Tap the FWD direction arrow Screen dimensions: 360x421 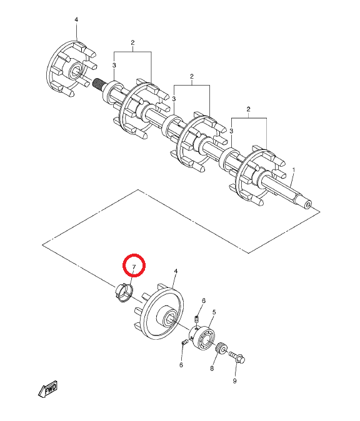tap(48, 389)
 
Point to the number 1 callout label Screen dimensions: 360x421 tap(294, 170)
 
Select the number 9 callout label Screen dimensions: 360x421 tap(234, 381)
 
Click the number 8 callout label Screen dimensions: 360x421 tap(212, 369)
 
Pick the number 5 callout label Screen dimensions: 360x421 tap(214, 312)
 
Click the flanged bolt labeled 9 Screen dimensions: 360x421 tap(237, 357)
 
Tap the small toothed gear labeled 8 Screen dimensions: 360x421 tap(222, 349)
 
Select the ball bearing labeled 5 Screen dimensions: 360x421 tap(203, 338)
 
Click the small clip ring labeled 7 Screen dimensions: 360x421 tap(122, 292)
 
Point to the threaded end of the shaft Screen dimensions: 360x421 tap(98, 84)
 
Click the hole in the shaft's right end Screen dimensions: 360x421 tap(308, 206)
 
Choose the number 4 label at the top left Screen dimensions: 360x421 tap(76, 19)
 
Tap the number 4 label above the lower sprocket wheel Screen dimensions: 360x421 tap(176, 271)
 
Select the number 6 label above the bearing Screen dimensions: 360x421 tap(203, 300)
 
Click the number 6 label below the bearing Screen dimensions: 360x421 tap(181, 365)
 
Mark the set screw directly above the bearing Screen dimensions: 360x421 tap(196, 320)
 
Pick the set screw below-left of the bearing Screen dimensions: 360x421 tap(184, 342)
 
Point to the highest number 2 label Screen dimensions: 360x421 tap(132, 42)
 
